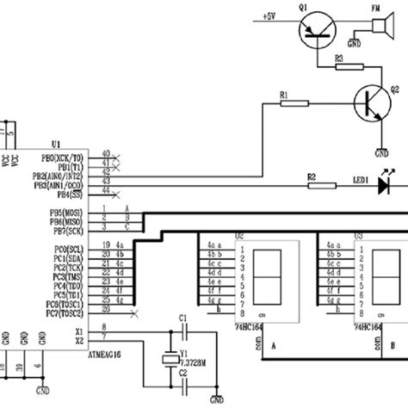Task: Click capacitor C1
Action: (x=182, y=330)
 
